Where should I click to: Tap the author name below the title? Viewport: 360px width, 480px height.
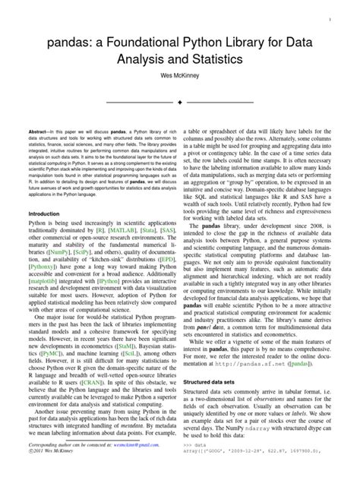coord(179,77)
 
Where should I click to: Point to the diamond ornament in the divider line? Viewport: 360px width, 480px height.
coord(179,101)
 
